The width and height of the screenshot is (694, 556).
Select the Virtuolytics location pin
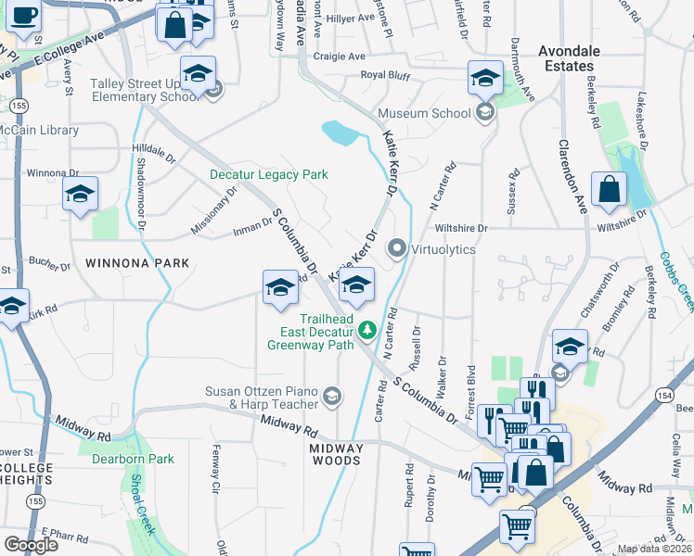click(397, 248)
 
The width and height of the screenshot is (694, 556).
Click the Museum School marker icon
click(482, 113)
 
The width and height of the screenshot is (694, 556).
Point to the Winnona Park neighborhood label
click(137, 263)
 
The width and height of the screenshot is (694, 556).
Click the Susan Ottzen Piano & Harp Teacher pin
click(331, 398)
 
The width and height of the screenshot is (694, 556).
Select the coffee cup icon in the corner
click(23, 16)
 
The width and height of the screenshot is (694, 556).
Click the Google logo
click(32, 544)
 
